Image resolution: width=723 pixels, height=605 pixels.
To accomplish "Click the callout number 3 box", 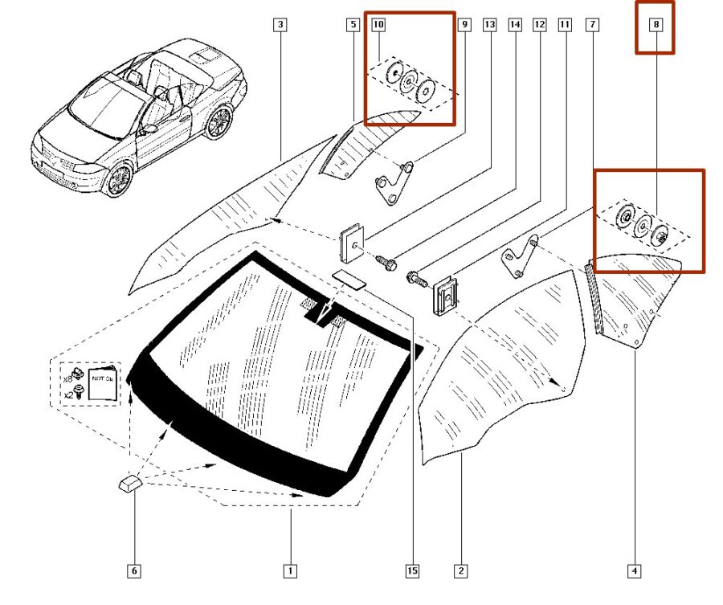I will [x=280, y=25].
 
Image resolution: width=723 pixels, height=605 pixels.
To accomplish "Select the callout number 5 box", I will [x=352, y=25].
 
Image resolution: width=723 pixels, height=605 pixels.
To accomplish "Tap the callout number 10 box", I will [x=378, y=25].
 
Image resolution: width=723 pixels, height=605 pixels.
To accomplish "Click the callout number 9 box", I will [x=464, y=25].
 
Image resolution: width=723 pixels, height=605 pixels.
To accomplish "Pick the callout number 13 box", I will [x=489, y=25].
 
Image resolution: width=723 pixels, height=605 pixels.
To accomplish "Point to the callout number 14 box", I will [x=514, y=25].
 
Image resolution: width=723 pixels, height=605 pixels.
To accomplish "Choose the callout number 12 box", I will [x=540, y=25].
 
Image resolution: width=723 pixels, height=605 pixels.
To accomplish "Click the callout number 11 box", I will [x=565, y=25].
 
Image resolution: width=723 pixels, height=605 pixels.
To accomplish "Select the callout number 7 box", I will [x=592, y=25].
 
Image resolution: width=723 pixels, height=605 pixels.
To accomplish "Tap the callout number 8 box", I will [x=656, y=25].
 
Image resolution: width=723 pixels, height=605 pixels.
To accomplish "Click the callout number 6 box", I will [x=134, y=571].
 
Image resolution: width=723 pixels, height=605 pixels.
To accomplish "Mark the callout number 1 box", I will [x=290, y=571].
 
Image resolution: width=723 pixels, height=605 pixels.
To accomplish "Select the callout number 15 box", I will [x=411, y=571].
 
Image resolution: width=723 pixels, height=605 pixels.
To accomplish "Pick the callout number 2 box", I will [x=461, y=571].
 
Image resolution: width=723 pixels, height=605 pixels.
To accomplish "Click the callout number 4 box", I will [x=634, y=571].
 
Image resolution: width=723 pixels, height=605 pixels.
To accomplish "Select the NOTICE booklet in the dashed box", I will [x=101, y=385].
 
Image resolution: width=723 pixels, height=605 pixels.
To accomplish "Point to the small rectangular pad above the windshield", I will [x=347, y=277].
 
